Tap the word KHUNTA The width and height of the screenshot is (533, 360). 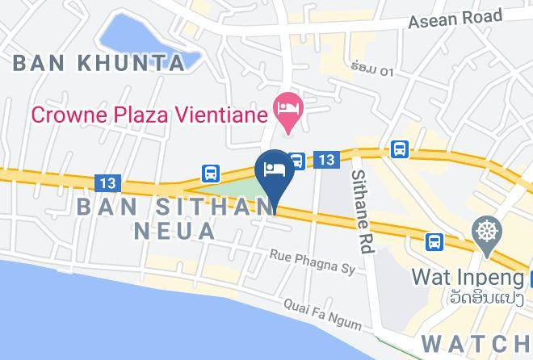tap(132, 63)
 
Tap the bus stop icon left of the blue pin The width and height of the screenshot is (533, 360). tap(210, 173)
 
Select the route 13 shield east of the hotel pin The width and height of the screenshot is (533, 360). tap(325, 161)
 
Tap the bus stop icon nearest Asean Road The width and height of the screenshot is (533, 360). tap(399, 149)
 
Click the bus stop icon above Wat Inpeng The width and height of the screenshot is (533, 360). tap(434, 241)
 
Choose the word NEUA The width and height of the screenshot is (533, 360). tap(174, 232)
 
